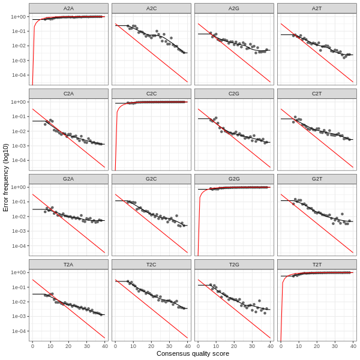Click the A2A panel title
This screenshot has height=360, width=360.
(68, 8)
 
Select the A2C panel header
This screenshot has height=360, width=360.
(151, 8)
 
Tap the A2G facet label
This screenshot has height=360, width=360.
(234, 8)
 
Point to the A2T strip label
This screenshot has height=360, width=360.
(317, 8)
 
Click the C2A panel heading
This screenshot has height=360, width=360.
(68, 94)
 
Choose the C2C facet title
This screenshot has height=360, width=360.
(151, 94)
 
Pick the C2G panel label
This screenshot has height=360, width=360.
(234, 94)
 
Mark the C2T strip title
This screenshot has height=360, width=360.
(317, 94)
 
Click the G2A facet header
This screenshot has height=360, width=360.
(68, 179)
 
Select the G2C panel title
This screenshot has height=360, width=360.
(151, 179)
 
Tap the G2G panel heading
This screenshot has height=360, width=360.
(234, 179)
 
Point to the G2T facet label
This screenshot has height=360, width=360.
(317, 179)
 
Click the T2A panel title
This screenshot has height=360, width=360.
(68, 264)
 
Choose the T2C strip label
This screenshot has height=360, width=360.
(151, 264)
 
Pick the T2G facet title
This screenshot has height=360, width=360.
(234, 264)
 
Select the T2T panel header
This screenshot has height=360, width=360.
(317, 264)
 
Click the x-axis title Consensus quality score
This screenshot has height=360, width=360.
(193, 354)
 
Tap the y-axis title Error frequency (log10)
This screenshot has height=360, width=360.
(6, 177)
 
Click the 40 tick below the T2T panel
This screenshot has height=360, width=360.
(353, 346)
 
